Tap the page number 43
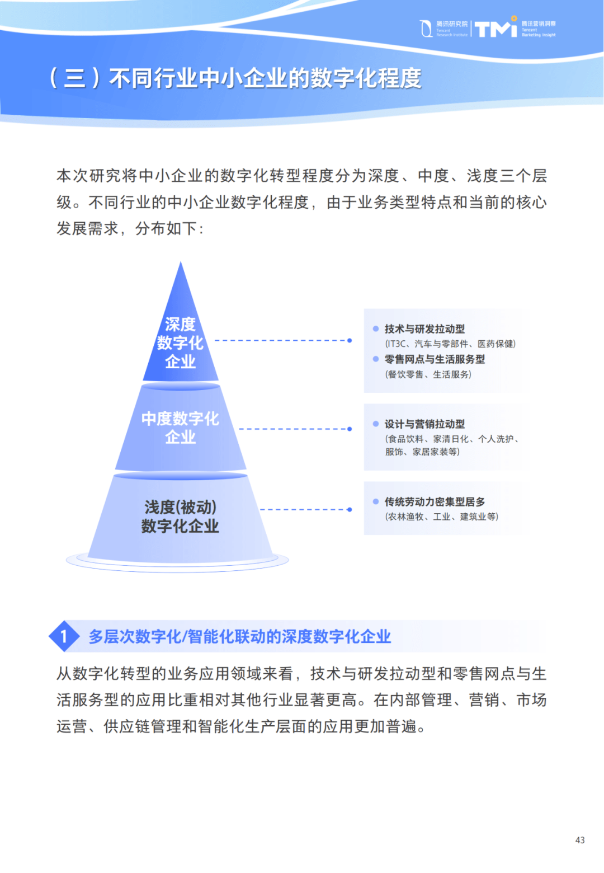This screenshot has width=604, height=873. point(580,840)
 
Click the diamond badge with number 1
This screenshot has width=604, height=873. point(64,636)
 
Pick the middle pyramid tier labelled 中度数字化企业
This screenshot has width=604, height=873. point(180,428)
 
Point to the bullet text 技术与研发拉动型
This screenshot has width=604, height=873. point(424,329)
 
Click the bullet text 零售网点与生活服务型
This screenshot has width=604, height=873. point(435,359)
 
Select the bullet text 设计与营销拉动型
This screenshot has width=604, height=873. point(424,424)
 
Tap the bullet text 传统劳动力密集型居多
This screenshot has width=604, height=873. point(435,502)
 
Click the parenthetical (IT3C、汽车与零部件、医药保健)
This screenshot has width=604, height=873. point(450,344)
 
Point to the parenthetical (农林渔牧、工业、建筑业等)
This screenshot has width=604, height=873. point(441,517)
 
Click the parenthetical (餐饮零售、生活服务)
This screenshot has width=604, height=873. point(428,374)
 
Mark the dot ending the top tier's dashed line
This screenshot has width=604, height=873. point(350,340)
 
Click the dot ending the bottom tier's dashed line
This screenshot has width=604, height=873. point(350,510)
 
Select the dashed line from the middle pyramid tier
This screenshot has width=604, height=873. point(294,429)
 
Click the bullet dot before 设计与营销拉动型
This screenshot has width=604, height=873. point(375,424)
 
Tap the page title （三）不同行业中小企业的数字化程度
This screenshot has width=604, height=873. point(235,78)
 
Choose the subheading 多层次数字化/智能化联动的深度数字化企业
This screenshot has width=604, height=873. point(240,636)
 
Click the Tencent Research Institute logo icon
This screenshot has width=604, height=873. point(426,29)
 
